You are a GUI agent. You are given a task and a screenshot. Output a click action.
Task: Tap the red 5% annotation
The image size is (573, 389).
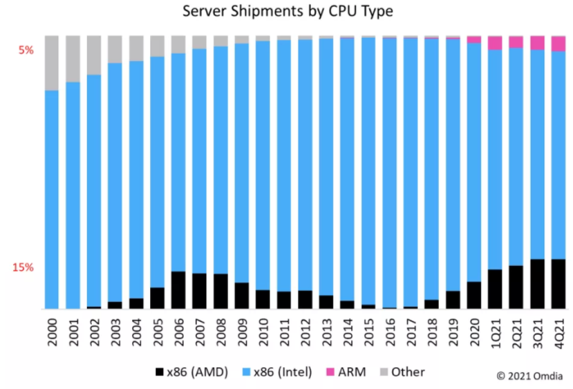click(x=26, y=50)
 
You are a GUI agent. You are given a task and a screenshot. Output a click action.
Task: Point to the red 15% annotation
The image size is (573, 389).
click(x=23, y=267)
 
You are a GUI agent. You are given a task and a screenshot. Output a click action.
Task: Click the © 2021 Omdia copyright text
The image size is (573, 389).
click(x=531, y=376)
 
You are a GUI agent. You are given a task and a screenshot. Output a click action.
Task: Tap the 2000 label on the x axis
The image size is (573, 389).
click(x=51, y=332)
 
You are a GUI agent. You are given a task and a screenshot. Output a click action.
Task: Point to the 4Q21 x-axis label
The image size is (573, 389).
click(x=558, y=332)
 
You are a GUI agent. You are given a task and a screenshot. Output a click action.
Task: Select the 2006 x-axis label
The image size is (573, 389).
click(x=178, y=332)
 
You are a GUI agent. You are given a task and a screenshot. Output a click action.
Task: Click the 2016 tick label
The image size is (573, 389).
click(x=389, y=332)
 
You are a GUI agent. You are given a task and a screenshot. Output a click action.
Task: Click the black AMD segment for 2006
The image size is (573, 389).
click(x=178, y=290)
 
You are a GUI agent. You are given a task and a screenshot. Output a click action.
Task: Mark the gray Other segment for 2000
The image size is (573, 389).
click(x=51, y=63)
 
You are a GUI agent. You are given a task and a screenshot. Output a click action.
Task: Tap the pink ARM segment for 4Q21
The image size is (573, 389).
click(x=558, y=44)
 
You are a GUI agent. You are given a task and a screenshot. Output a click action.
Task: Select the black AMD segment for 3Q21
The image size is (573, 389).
click(x=537, y=284)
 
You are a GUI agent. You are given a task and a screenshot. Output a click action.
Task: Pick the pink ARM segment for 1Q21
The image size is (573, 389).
click(x=495, y=43)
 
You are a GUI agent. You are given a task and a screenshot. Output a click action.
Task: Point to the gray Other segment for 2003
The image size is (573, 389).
click(x=115, y=49)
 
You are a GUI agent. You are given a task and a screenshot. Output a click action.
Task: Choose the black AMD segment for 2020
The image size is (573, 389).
click(x=474, y=295)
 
